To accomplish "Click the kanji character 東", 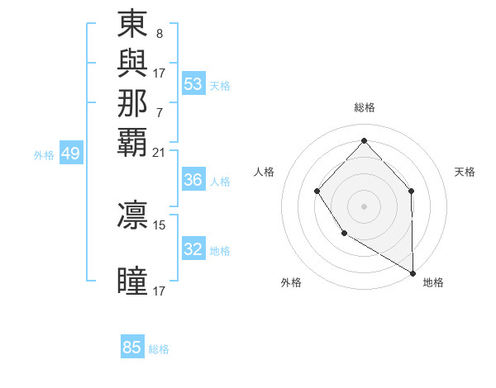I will [x=132, y=25].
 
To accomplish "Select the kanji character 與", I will [x=132, y=64].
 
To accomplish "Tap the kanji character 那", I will [x=132, y=102].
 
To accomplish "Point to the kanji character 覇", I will [x=132, y=141].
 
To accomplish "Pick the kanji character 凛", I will [x=132, y=215].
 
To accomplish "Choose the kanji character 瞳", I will [x=132, y=281].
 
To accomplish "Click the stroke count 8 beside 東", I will [x=160, y=35].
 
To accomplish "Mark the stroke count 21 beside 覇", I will [x=160, y=152].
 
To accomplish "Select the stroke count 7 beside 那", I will [x=160, y=112].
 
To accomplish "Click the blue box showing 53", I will [x=193, y=84].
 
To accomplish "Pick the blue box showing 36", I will [x=193, y=180].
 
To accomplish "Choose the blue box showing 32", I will [x=193, y=249].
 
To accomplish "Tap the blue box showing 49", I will [x=71, y=154].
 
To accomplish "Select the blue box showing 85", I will [x=132, y=348].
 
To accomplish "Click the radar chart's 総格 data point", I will [x=364, y=140].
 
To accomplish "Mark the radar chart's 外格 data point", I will [x=344, y=234].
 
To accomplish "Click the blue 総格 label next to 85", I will [x=159, y=349].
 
